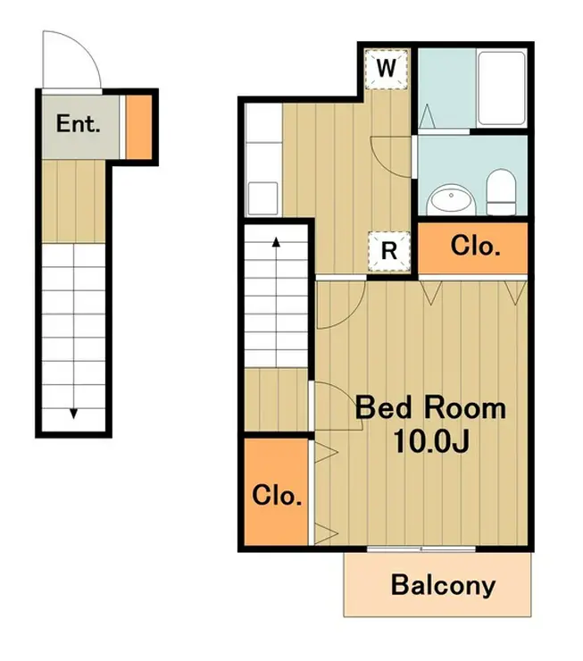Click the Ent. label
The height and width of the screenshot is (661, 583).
[79, 124]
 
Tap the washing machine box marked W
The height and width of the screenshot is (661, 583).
[387, 69]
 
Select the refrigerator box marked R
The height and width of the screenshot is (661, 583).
[388, 252]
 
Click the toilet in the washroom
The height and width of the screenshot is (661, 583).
[501, 192]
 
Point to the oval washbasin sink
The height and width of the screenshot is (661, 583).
[451, 199]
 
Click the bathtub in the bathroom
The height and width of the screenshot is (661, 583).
[502, 88]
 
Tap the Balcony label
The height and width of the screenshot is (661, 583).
[443, 586]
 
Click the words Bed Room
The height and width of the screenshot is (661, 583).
[430, 407]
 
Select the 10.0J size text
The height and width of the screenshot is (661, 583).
[430, 441]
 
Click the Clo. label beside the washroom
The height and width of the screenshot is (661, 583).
[476, 246]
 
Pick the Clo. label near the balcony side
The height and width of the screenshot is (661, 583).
[277, 496]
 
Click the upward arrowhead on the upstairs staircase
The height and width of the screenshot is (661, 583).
[277, 241]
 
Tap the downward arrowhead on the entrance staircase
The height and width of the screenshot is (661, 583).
[74, 414]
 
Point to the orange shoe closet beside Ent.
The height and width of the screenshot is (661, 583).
[139, 128]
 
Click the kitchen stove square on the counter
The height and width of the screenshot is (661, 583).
[262, 198]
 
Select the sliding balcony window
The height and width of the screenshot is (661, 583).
[421, 548]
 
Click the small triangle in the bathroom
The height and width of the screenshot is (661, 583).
[427, 116]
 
